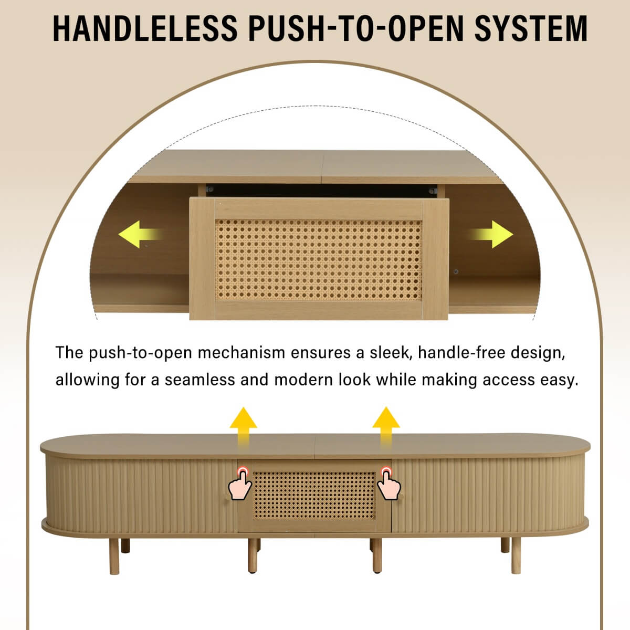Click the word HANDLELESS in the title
(145, 28)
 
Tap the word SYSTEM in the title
(531, 28)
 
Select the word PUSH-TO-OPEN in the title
(356, 28)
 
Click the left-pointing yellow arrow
(141, 234)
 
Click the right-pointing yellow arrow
(490, 234)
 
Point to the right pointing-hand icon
(388, 484)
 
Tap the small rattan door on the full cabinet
(314, 495)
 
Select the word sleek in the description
(391, 353)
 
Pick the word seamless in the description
(199, 380)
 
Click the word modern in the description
(303, 380)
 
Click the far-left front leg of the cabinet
(114, 556)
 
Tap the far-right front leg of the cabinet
(516, 556)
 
